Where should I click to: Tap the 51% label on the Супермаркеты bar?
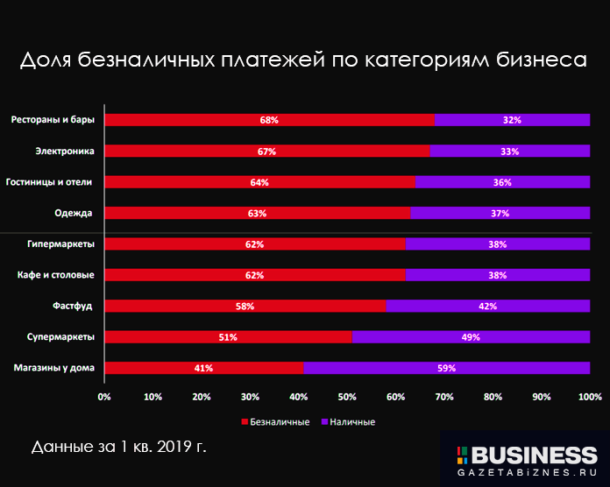tap(228, 337)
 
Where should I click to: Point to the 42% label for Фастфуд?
tap(488, 307)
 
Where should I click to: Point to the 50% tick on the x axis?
tap(347, 398)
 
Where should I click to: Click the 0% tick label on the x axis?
tap(104, 398)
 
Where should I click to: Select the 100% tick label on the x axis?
tap(589, 398)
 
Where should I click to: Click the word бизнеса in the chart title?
tap(532, 60)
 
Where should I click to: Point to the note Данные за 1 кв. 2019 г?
tap(118, 447)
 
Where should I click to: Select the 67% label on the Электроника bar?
tap(267, 152)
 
